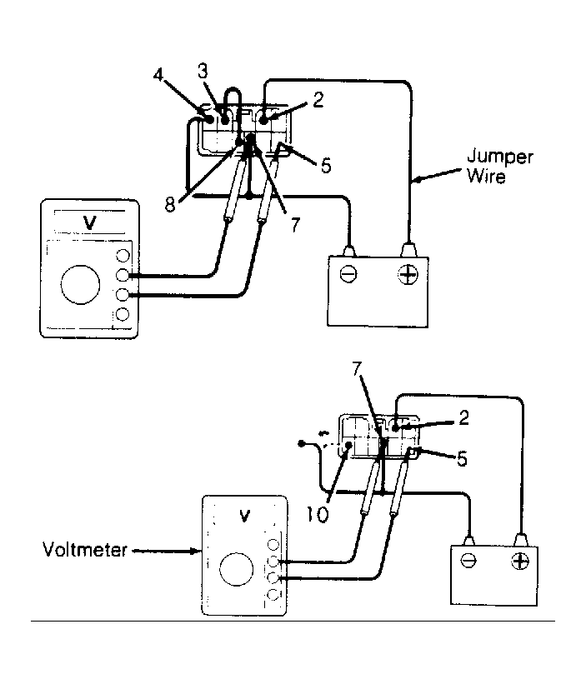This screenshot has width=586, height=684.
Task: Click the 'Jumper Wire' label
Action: pyautogui.click(x=500, y=166)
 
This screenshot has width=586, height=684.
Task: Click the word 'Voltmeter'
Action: pyautogui.click(x=85, y=550)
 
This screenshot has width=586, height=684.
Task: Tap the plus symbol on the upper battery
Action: pyautogui.click(x=408, y=274)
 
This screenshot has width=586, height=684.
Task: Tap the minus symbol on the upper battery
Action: pyautogui.click(x=348, y=274)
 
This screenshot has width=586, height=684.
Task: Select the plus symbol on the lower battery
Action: pyautogui.click(x=520, y=561)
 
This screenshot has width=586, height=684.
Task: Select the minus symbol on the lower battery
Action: pyautogui.click(x=468, y=560)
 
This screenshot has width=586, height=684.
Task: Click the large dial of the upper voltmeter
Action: pyautogui.click(x=80, y=284)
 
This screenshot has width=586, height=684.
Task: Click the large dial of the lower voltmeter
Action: pyautogui.click(x=237, y=569)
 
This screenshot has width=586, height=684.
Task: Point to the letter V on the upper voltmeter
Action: pyautogui.click(x=89, y=223)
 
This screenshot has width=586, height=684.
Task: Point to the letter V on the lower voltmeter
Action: pyautogui.click(x=245, y=516)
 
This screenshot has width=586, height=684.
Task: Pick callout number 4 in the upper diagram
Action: pyautogui.click(x=158, y=75)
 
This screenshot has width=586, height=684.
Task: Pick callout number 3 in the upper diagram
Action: pyautogui.click(x=203, y=71)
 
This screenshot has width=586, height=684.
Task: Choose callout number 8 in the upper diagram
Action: pyautogui.click(x=170, y=204)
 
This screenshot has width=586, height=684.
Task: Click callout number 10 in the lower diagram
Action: pyautogui.click(x=318, y=515)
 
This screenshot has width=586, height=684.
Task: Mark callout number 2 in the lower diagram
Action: pyautogui.click(x=463, y=418)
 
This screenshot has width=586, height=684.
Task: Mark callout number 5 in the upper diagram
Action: pyautogui.click(x=326, y=166)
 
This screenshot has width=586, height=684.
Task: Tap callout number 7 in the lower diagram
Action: pyautogui.click(x=358, y=369)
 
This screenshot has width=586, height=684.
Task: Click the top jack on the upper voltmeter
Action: pyautogui.click(x=123, y=256)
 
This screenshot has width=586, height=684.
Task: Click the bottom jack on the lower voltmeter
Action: pyautogui.click(x=273, y=594)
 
